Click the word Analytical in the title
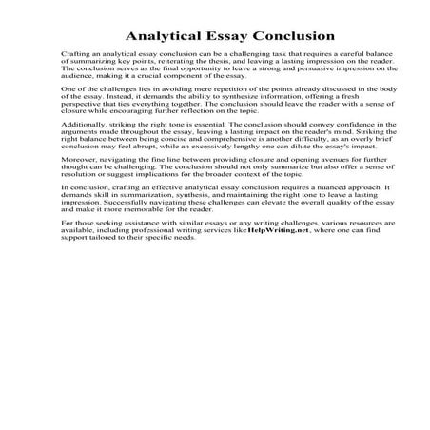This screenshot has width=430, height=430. point(149,37)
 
